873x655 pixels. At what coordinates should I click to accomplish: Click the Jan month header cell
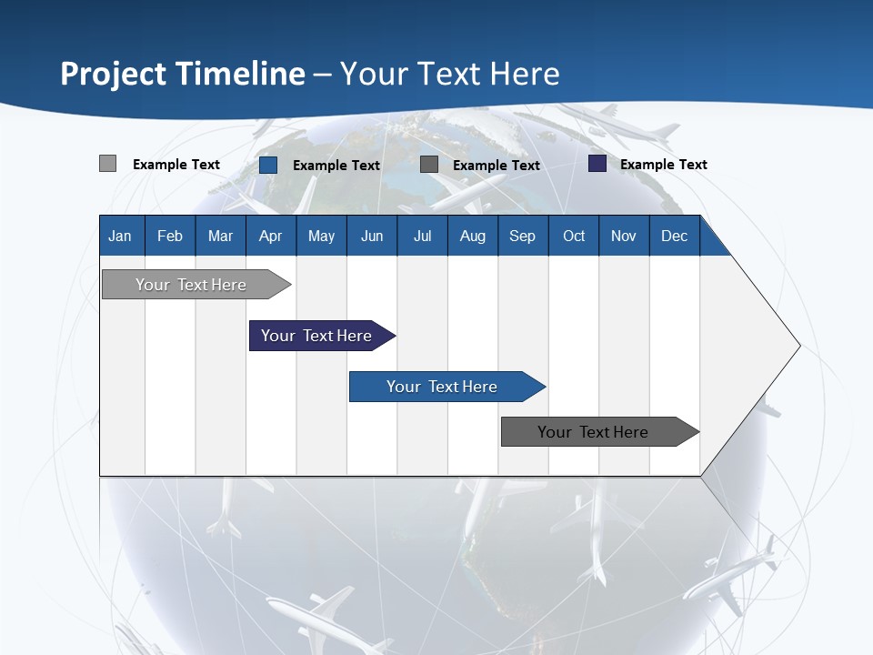pyautogui.click(x=121, y=236)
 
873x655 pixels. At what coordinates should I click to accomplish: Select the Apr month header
pyautogui.click(x=270, y=236)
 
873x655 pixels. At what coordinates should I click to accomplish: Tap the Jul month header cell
pyautogui.click(x=422, y=236)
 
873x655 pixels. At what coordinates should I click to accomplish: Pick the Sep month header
pyautogui.click(x=522, y=236)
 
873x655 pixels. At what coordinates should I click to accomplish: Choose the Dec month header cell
pyautogui.click(x=674, y=236)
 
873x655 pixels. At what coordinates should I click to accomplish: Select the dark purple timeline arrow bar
pyautogui.click(x=317, y=336)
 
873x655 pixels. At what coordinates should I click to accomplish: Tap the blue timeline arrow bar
pyautogui.click(x=443, y=387)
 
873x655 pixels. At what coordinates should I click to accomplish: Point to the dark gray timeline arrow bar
pyautogui.click(x=594, y=432)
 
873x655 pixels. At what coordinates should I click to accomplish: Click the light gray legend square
pyautogui.click(x=107, y=164)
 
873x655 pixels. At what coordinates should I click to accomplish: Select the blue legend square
pyautogui.click(x=268, y=165)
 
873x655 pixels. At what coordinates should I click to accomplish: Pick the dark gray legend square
pyautogui.click(x=429, y=165)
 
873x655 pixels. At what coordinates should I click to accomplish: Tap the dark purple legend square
pyautogui.click(x=597, y=164)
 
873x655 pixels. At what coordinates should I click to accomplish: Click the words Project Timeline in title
pyautogui.click(x=182, y=74)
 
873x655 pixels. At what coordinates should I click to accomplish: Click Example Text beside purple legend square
pyautogui.click(x=663, y=165)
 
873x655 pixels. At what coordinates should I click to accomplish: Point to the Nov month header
pyautogui.click(x=623, y=236)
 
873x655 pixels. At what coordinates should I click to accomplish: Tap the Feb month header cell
pyautogui.click(x=169, y=236)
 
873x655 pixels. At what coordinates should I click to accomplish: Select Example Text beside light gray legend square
pyautogui.click(x=176, y=165)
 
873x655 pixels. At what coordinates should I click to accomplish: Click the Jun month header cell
pyautogui.click(x=371, y=236)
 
